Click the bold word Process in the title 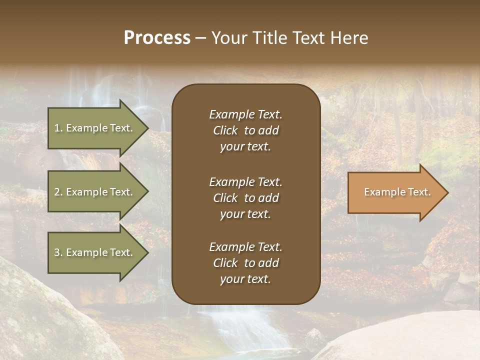coord(157,38)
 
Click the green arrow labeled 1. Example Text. coord(95,128)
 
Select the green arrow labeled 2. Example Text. coord(95,192)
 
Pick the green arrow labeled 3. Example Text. coord(95,252)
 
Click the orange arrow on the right coord(395,192)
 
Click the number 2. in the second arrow coord(58,192)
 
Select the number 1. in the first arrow coord(58,128)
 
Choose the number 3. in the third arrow coord(58,252)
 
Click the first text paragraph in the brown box coord(245,130)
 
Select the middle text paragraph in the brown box coord(245,197)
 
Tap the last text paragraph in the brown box coord(245,263)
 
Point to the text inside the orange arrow coord(397,192)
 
